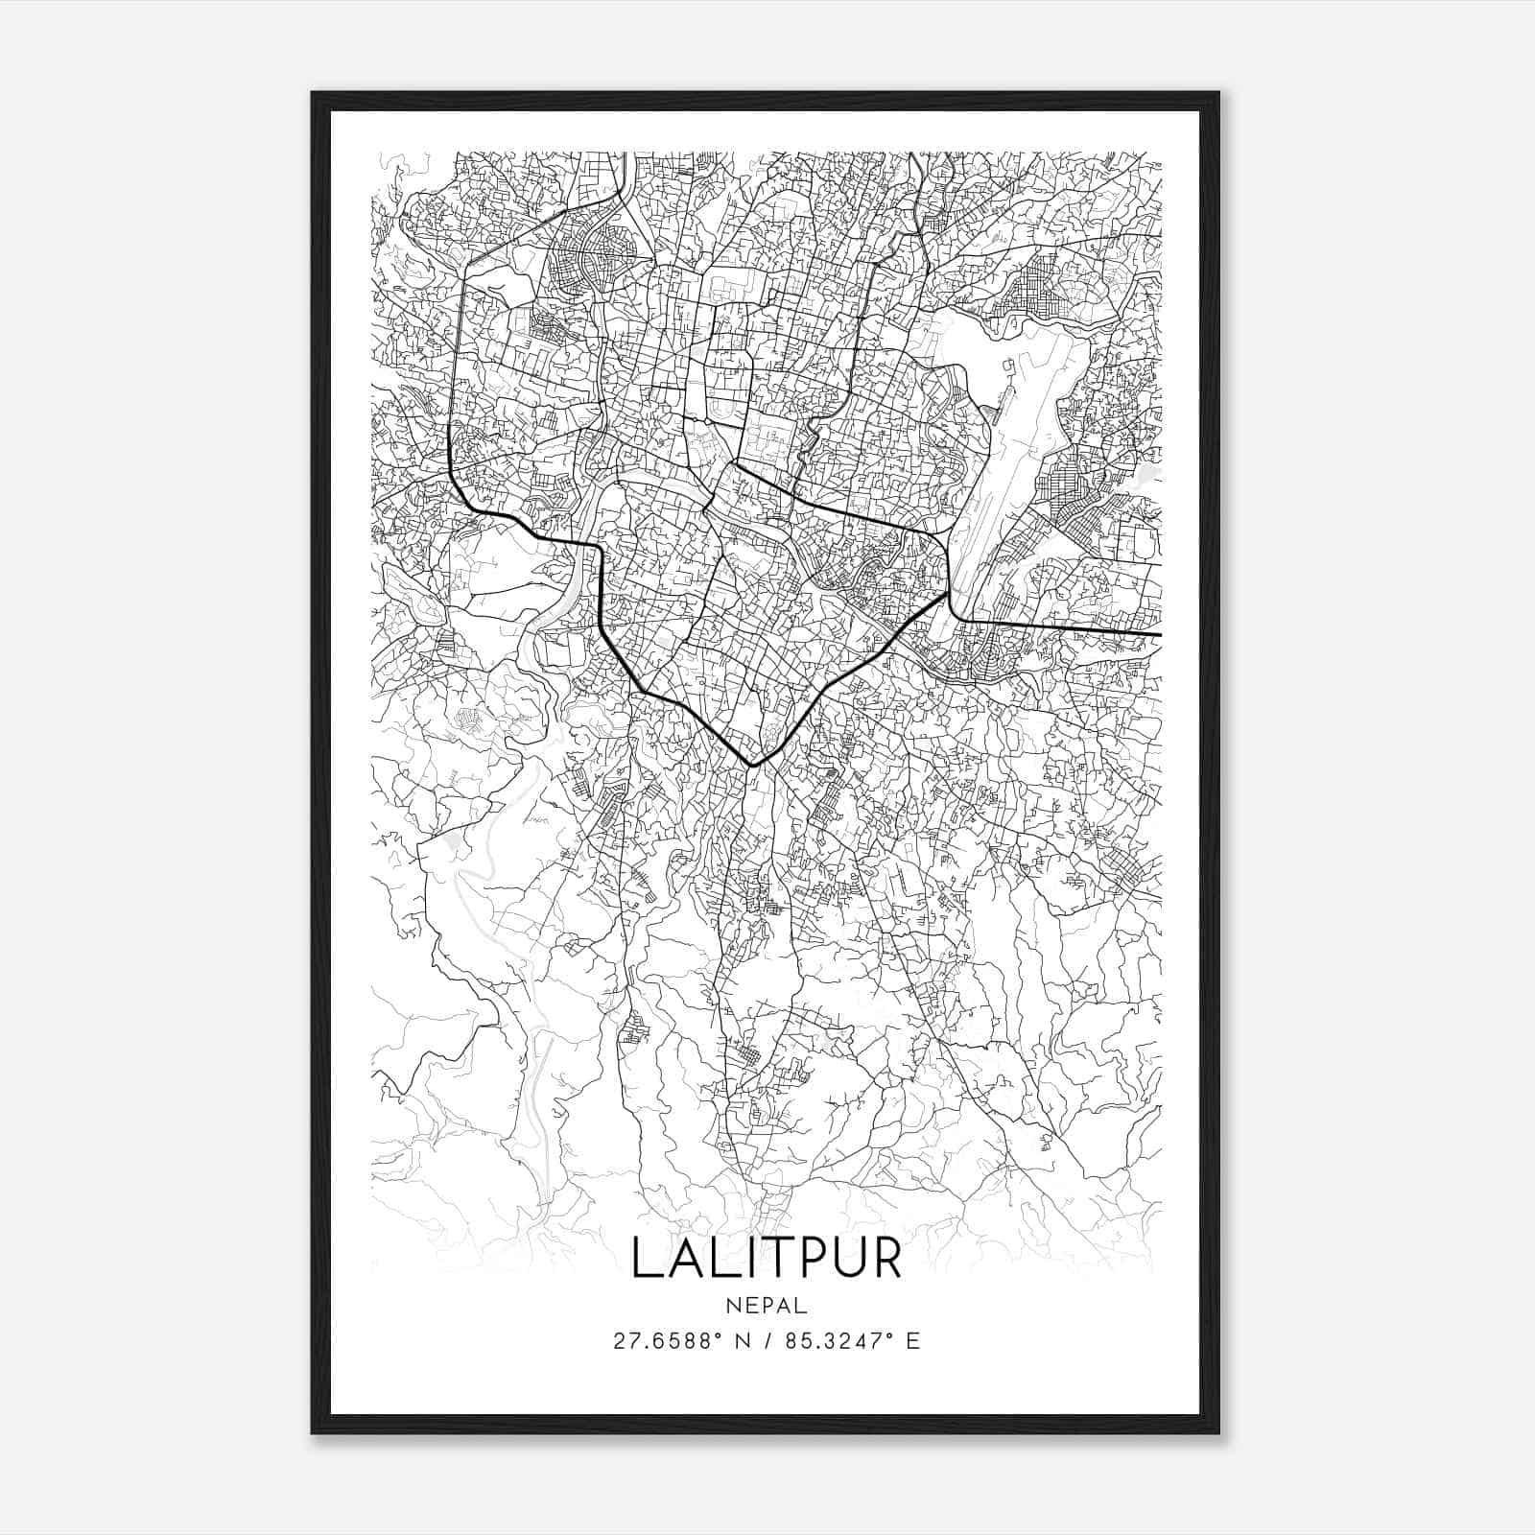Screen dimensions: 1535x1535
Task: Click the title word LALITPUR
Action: tap(767, 1259)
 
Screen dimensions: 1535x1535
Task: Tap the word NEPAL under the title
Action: tap(767, 1306)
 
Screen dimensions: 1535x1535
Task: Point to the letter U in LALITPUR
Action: tap(839, 1259)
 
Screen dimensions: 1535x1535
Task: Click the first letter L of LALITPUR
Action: tap(645, 1259)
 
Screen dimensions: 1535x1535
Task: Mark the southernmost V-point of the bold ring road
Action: tap(754, 765)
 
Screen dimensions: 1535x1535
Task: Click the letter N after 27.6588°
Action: tap(741, 1341)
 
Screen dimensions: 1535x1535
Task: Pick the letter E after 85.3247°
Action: tap(912, 1341)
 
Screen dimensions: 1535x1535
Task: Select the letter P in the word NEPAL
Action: tap(767, 1306)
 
